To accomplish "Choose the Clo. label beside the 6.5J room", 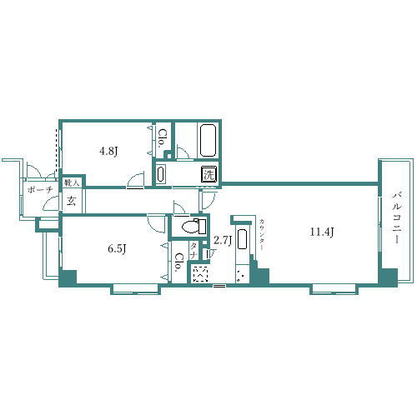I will [178, 262].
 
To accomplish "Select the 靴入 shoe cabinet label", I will [71, 183].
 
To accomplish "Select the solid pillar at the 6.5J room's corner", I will [67, 278].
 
